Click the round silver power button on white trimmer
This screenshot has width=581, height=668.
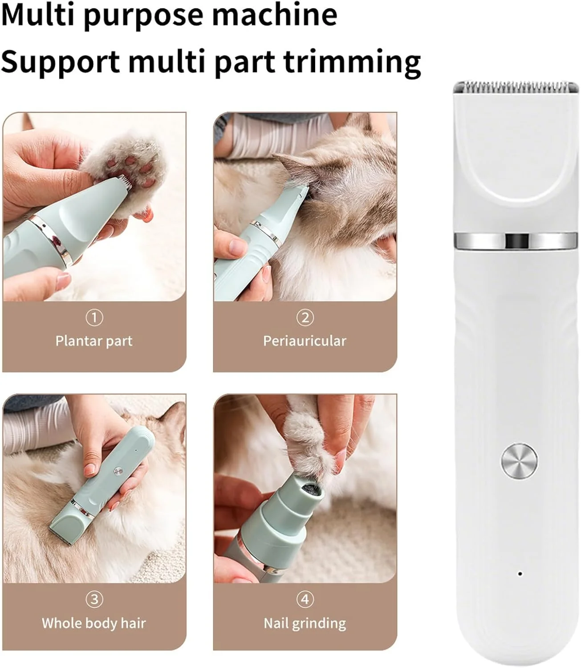tap(519, 461)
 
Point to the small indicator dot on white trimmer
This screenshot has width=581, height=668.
tap(520, 574)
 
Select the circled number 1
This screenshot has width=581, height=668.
tap(94, 318)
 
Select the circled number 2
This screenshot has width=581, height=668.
tap(305, 318)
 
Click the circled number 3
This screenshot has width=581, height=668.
tap(94, 599)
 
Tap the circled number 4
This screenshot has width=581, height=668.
tap(305, 599)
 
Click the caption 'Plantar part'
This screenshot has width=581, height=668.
tap(94, 341)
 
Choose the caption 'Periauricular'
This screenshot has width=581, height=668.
tap(305, 341)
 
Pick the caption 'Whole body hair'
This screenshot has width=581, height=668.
tap(94, 623)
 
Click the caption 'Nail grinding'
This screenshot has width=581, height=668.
tap(305, 623)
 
